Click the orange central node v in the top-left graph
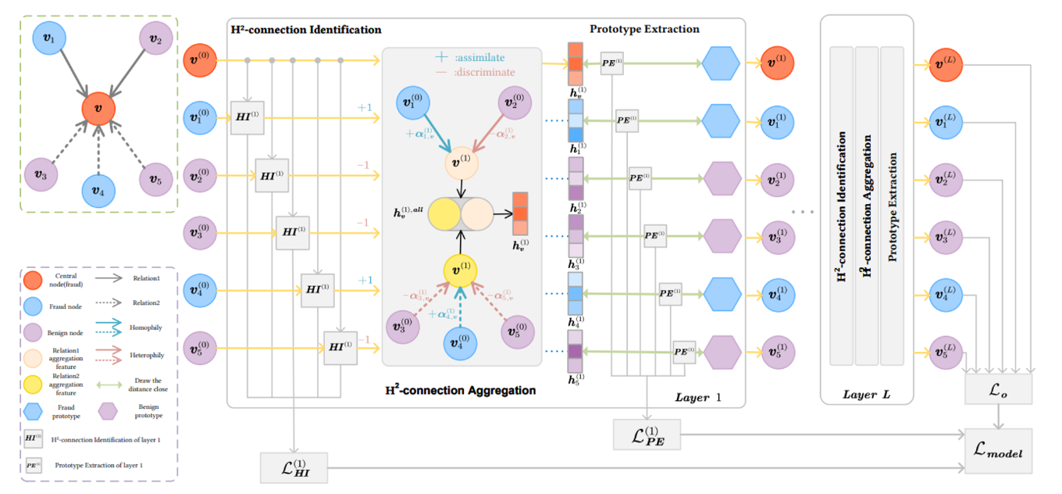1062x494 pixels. tap(98, 108)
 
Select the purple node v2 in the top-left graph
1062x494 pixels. tap(155, 39)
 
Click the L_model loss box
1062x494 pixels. tap(999, 452)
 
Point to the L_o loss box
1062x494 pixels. tap(999, 388)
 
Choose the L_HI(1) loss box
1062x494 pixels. tap(294, 468)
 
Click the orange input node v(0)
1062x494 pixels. tap(199, 61)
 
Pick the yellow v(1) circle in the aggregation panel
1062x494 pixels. tap(461, 271)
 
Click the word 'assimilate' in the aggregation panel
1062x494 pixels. tap(480, 58)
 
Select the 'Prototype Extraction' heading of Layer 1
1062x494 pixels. tap(644, 30)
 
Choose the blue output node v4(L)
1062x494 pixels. tap(944, 294)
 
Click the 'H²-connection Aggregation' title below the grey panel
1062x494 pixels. tap(461, 389)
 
